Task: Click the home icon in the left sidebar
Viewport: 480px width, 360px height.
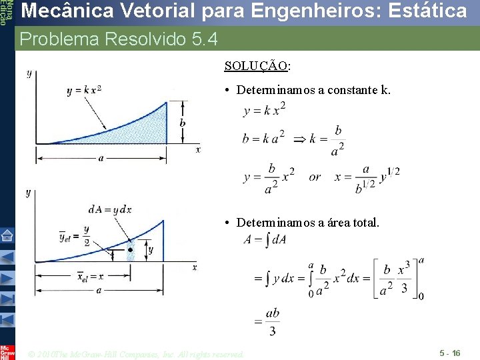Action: pos(7,235)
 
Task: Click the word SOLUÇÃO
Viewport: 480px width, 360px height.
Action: pos(257,66)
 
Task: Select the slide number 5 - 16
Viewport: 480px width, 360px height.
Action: pos(449,353)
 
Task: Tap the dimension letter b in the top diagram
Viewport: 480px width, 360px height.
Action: pos(183,123)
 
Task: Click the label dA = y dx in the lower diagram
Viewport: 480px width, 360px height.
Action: pos(110,209)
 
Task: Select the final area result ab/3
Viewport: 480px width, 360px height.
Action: pos(272,321)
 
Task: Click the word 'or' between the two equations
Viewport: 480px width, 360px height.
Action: pos(315,177)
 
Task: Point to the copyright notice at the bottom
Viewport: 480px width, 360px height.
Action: pos(137,354)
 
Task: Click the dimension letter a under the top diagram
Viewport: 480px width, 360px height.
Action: pos(101,159)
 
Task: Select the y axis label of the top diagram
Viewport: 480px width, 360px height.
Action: pos(29,74)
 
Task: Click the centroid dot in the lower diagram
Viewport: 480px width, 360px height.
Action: pos(131,250)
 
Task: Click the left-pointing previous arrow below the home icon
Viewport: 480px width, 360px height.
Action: pos(7,257)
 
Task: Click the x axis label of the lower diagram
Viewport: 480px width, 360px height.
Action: pos(195,267)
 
